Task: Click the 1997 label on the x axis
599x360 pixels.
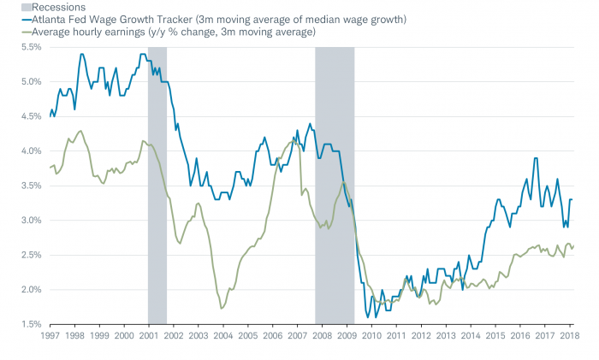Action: [50, 338]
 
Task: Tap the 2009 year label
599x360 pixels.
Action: [349, 338]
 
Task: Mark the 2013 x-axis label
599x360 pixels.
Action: [448, 338]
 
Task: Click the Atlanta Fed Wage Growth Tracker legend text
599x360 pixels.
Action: [214, 20]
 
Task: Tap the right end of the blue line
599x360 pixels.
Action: [572, 200]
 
